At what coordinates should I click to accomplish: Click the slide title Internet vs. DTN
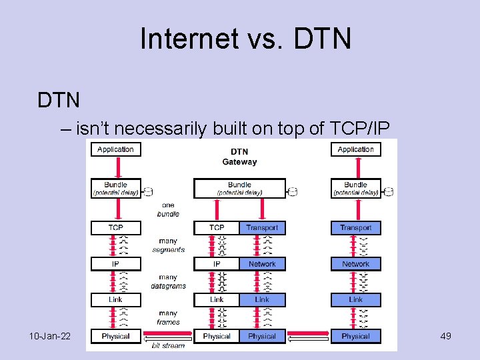click(x=245, y=39)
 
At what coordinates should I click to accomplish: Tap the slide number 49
click(x=446, y=336)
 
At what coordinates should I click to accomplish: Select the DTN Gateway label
click(x=239, y=156)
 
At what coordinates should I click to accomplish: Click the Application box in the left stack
click(x=115, y=149)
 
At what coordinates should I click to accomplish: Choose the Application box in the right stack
click(x=355, y=149)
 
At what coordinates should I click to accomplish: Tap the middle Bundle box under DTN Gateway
click(x=239, y=188)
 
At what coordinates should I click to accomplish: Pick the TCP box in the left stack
click(x=115, y=228)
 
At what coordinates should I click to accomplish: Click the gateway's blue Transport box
click(x=262, y=228)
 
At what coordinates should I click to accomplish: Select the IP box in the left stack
click(x=115, y=264)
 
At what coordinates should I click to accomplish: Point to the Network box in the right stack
click(x=355, y=264)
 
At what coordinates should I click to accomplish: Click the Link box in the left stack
click(x=115, y=300)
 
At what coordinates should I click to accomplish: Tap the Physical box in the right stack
click(x=355, y=336)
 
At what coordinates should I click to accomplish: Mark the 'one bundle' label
click(x=168, y=209)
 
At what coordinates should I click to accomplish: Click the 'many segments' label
click(x=168, y=245)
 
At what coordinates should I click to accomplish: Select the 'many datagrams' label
click(x=168, y=281)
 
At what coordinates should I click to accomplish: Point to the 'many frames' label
click(x=168, y=317)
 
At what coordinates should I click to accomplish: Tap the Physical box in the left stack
click(x=115, y=336)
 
